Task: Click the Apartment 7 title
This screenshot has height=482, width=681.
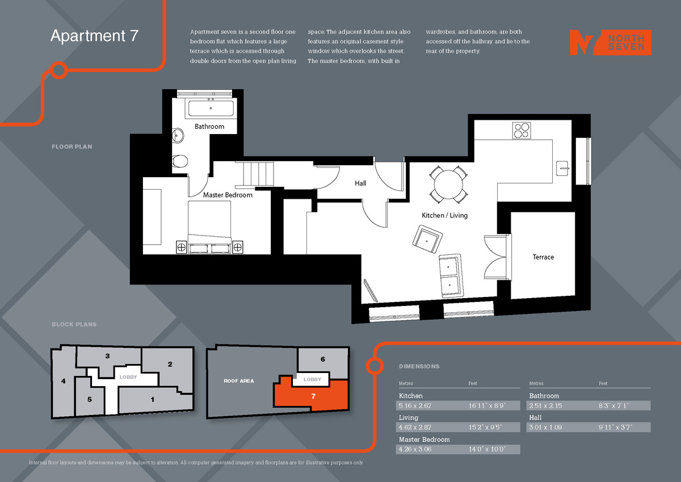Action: [x=94, y=36]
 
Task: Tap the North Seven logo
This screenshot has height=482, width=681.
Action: [x=610, y=43]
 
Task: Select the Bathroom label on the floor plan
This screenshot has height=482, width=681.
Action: [x=209, y=127]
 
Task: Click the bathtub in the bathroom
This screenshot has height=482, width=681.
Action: [x=211, y=108]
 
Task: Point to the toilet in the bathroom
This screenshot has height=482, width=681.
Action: [x=180, y=161]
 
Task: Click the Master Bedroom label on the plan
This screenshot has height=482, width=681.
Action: [x=228, y=195]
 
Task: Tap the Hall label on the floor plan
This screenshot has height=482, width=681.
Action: [x=360, y=183]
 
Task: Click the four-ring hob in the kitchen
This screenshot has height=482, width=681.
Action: [x=522, y=131]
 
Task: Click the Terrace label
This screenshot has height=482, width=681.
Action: [x=543, y=257]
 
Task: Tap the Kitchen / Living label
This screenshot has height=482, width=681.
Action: [x=444, y=216]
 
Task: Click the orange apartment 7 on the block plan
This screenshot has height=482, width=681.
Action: [x=313, y=396]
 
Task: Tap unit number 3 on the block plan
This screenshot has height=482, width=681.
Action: [x=107, y=356]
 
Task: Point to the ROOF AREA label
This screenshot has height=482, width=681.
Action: [x=238, y=381]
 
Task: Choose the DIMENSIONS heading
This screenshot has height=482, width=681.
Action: [x=419, y=367]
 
